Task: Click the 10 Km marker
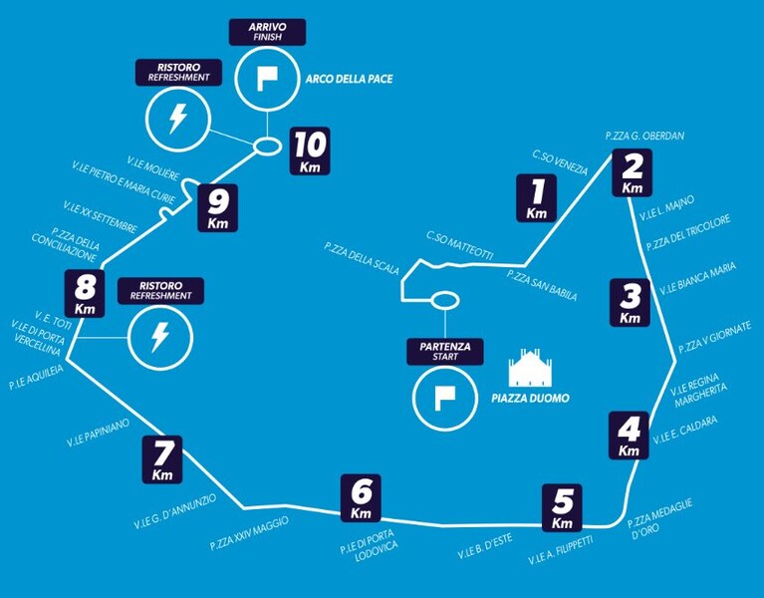310,151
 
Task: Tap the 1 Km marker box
537,198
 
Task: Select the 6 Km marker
361,498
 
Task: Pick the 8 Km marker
85,293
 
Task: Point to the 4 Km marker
630,436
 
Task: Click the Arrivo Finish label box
268,32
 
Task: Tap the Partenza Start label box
445,352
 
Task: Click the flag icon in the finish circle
267,78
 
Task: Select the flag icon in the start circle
445,399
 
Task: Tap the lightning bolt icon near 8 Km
159,337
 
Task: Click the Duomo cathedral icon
530,368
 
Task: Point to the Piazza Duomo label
530,399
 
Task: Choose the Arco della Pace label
349,79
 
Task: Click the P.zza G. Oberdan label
644,136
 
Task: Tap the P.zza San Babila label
542,285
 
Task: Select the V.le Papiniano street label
98,433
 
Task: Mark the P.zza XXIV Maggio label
249,533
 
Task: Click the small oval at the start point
444,301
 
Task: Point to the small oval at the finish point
267,147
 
